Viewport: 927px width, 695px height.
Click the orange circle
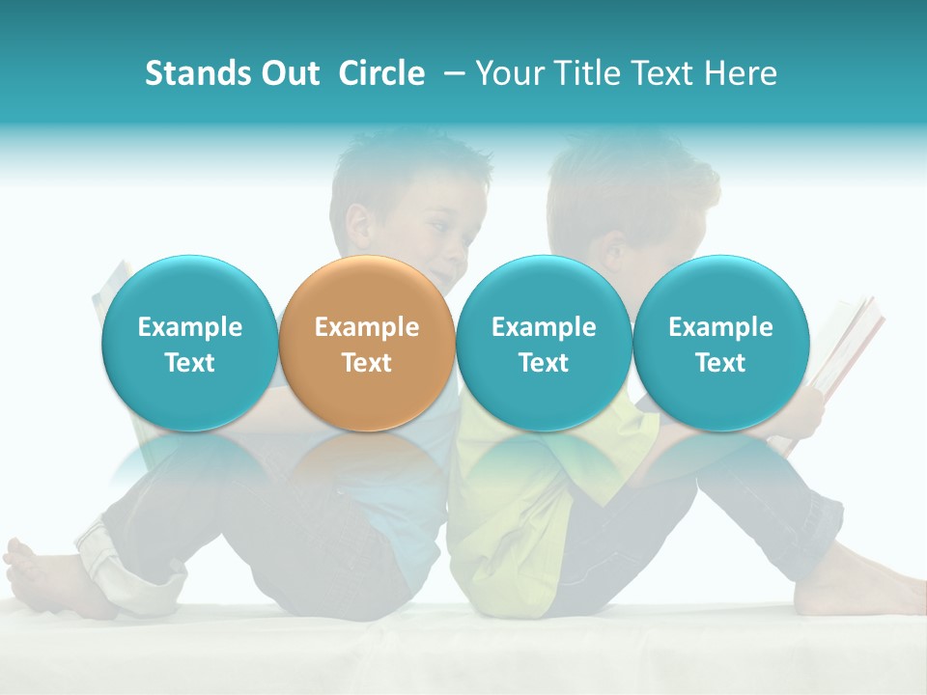(367, 343)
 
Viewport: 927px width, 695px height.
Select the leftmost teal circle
(189, 343)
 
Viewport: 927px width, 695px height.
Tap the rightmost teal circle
(720, 343)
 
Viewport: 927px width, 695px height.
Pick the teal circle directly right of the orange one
(544, 343)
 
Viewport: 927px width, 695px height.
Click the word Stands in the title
(196, 73)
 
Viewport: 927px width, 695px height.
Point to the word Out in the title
(289, 73)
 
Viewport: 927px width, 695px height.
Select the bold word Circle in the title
(381, 73)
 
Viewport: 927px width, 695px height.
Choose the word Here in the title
(740, 73)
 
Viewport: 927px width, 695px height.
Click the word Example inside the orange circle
(367, 327)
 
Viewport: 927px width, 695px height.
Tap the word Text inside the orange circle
(367, 363)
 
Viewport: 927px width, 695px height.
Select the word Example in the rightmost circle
(720, 327)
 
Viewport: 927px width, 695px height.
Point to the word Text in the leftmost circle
(189, 363)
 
